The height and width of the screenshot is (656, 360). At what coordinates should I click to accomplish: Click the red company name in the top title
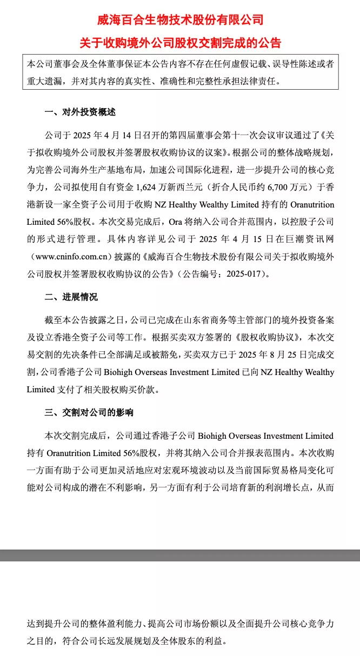(180, 20)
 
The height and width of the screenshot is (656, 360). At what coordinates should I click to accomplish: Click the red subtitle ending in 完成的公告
(180, 43)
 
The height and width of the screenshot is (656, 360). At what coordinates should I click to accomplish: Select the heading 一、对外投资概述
(80, 112)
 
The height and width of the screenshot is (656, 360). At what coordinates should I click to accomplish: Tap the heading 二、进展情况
(71, 297)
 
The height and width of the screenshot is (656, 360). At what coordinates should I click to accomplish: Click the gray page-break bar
(180, 555)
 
